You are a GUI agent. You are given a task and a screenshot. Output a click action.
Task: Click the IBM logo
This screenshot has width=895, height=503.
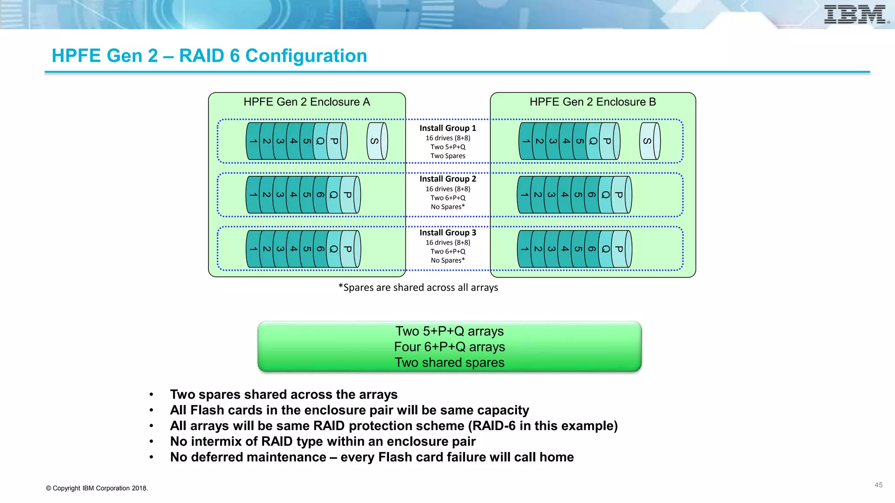(855, 14)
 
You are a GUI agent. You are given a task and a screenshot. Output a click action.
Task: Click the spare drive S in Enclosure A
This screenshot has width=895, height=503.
(376, 141)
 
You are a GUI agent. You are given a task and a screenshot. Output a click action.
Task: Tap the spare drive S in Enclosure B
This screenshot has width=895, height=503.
(649, 141)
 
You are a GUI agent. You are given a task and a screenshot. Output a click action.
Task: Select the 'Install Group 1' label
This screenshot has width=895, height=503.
(447, 128)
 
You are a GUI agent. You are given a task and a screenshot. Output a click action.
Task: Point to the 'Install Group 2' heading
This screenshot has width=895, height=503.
(447, 179)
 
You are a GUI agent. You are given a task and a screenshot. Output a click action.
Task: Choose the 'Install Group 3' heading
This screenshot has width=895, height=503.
(447, 233)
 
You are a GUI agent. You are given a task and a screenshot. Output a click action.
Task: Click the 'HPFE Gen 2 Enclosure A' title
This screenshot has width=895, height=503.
(307, 102)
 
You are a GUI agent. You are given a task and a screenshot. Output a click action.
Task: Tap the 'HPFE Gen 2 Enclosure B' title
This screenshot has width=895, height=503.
(593, 102)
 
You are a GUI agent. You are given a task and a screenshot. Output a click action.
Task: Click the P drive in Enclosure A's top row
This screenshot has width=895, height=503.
(335, 141)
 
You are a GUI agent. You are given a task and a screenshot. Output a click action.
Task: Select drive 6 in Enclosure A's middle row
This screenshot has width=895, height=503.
(320, 195)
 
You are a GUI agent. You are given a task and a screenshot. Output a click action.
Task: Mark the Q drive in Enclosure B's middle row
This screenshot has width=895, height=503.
(605, 195)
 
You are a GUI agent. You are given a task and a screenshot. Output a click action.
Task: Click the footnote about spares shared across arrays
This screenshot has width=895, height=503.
(418, 288)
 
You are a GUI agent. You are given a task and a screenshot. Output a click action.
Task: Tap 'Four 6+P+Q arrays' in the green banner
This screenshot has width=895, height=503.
(449, 347)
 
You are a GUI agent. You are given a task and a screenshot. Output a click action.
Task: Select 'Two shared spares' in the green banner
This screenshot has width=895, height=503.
(449, 362)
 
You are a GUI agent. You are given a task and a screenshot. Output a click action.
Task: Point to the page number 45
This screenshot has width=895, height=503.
(878, 485)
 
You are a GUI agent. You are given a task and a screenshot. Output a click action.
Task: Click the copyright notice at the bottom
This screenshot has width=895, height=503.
(97, 488)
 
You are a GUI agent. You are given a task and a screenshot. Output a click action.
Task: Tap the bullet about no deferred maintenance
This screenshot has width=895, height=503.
(371, 457)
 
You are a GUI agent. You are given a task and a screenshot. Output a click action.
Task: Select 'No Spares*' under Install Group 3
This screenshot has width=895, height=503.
(447, 261)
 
